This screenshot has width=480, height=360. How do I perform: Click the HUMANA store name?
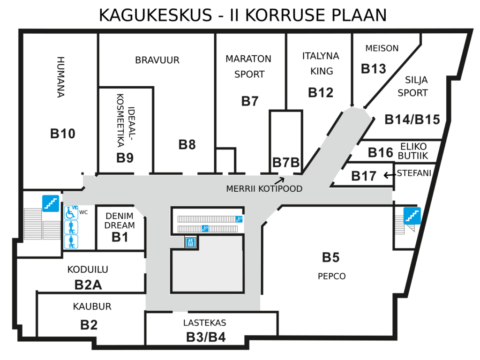pos(60,77)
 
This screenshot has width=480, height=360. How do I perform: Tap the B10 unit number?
pos(63,134)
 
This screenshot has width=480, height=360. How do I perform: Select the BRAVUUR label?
pos(157,60)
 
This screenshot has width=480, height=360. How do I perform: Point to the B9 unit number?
pos(125,158)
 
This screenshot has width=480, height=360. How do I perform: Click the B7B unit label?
pos(286,163)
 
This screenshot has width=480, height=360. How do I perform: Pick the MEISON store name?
pos(382,48)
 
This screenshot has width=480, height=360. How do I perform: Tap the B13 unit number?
pos(374,69)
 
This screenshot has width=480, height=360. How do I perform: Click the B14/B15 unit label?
pos(412,120)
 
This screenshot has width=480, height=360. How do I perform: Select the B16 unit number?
pos(381,152)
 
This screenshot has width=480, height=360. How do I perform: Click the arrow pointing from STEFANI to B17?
pos(389,175)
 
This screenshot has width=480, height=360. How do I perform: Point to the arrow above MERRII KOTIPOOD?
pos(279,180)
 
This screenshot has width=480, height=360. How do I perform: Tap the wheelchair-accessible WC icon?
pos(71,212)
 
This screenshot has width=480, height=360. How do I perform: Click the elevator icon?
pos(190,242)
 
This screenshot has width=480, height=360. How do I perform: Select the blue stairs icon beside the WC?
pos(51,203)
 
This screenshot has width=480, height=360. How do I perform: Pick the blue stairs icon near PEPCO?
pos(412,216)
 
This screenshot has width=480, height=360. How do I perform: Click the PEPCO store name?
pos(331,277)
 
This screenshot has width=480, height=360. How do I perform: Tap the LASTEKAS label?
pos(204,322)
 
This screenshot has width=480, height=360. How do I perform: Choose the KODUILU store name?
pos(88,270)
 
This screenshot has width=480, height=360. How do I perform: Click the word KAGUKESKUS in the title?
pos(156,15)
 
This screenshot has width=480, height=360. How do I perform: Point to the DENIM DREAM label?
pos(120,221)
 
